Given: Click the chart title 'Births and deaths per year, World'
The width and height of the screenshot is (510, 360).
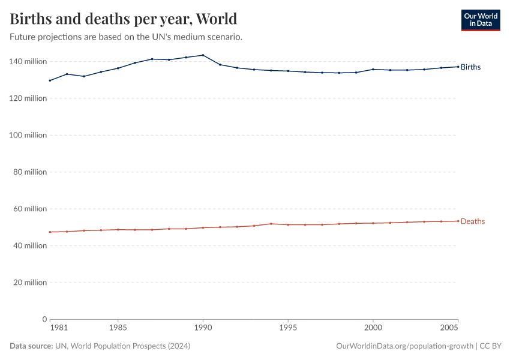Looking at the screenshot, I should pos(123,19).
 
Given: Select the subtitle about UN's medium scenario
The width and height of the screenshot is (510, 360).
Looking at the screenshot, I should pos(126,37).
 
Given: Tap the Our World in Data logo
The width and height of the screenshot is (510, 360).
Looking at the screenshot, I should pos(480,20).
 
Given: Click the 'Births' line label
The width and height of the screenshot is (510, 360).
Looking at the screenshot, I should pos(470,67).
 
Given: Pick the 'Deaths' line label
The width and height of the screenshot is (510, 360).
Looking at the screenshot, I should pos(472,221).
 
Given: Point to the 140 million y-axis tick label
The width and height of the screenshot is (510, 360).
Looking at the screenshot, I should pos(28,61).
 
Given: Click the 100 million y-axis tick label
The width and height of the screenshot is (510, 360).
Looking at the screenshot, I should pos(28,135).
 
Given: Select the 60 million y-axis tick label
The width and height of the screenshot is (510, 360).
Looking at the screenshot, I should pos(29,209).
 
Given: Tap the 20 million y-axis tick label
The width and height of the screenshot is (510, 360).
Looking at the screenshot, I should pos(29,283).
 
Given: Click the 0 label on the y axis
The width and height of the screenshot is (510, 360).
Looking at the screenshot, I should pos(44,319).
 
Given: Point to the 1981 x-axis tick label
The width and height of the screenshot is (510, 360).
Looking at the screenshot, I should pos(58,329).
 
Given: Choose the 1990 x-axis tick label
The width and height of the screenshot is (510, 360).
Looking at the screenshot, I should pos(203,329).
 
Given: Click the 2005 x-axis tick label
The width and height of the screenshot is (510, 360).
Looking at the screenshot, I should pos(450,329).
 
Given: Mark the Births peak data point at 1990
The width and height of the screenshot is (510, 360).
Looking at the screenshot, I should pos(203,55).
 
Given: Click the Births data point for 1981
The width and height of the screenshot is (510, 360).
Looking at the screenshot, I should pos(50,80).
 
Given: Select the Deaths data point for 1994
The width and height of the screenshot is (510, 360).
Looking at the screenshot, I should pos(271,224).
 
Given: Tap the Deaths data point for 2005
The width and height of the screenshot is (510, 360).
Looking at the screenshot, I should pos(458,221).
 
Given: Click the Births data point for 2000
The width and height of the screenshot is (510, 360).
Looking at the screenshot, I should pos(373,69).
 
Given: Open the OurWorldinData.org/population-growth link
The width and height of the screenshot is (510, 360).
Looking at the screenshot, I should pos(405,346).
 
